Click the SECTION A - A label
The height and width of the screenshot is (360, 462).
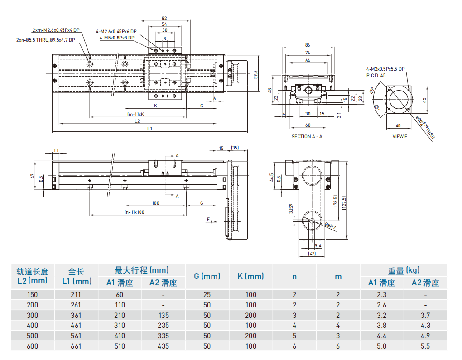click(307, 136)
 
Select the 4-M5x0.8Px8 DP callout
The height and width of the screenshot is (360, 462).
click(117, 38)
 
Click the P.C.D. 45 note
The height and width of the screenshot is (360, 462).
click(376, 75)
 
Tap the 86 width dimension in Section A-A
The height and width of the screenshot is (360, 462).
click(308, 45)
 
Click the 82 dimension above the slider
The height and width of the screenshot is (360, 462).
click(164, 18)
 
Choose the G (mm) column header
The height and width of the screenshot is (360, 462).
click(207, 276)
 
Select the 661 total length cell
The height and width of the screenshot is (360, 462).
click(77, 346)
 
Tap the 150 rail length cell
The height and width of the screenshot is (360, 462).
click(32, 294)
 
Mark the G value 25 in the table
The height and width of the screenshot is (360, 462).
click(207, 294)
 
